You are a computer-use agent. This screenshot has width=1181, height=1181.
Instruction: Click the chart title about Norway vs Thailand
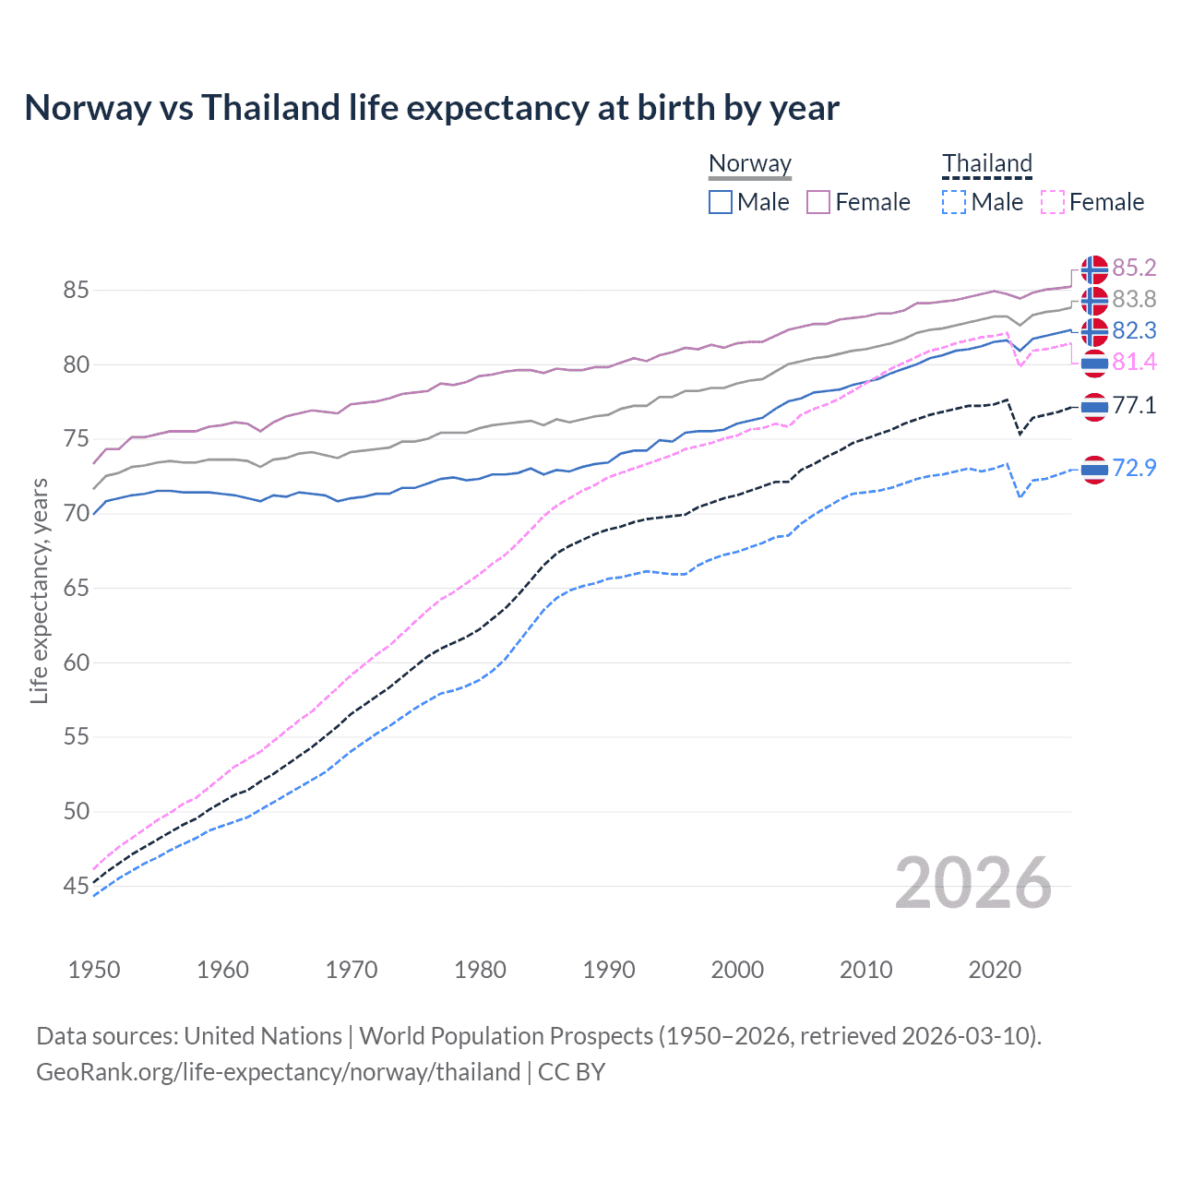[x=432, y=108]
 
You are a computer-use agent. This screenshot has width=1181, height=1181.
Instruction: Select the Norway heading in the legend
[x=750, y=163]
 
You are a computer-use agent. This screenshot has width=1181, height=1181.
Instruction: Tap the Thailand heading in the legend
[x=986, y=163]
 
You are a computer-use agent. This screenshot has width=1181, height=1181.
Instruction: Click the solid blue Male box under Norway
[x=721, y=202]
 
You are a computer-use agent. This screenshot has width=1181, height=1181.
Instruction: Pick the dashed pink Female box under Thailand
[x=1053, y=202]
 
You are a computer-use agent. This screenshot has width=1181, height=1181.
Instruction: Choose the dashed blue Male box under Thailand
[x=954, y=202]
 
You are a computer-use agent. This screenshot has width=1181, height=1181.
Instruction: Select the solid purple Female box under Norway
[x=818, y=202]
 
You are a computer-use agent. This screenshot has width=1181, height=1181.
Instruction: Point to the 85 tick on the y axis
[x=76, y=291]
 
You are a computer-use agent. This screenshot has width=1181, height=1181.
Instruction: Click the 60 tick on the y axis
[x=76, y=662]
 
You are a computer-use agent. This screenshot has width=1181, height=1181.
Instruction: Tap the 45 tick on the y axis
[x=76, y=887]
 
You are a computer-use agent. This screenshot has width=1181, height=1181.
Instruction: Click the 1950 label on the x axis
[x=94, y=970]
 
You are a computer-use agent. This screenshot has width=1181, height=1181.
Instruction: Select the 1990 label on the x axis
[x=609, y=970]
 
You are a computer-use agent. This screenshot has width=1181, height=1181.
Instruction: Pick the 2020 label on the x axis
[x=995, y=970]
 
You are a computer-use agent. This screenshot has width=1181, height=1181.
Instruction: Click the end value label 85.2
[x=1134, y=268]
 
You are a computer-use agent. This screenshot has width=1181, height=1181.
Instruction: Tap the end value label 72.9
[x=1134, y=469]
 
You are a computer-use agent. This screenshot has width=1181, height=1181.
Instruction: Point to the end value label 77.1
[x=1134, y=405]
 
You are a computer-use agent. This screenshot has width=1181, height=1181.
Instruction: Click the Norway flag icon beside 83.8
[x=1094, y=301]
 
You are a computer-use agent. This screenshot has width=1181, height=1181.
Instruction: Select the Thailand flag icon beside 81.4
[x=1094, y=364]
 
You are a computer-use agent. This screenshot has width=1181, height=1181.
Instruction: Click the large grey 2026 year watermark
[x=973, y=883]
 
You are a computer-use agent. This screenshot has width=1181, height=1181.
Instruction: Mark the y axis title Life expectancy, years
[x=39, y=590]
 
